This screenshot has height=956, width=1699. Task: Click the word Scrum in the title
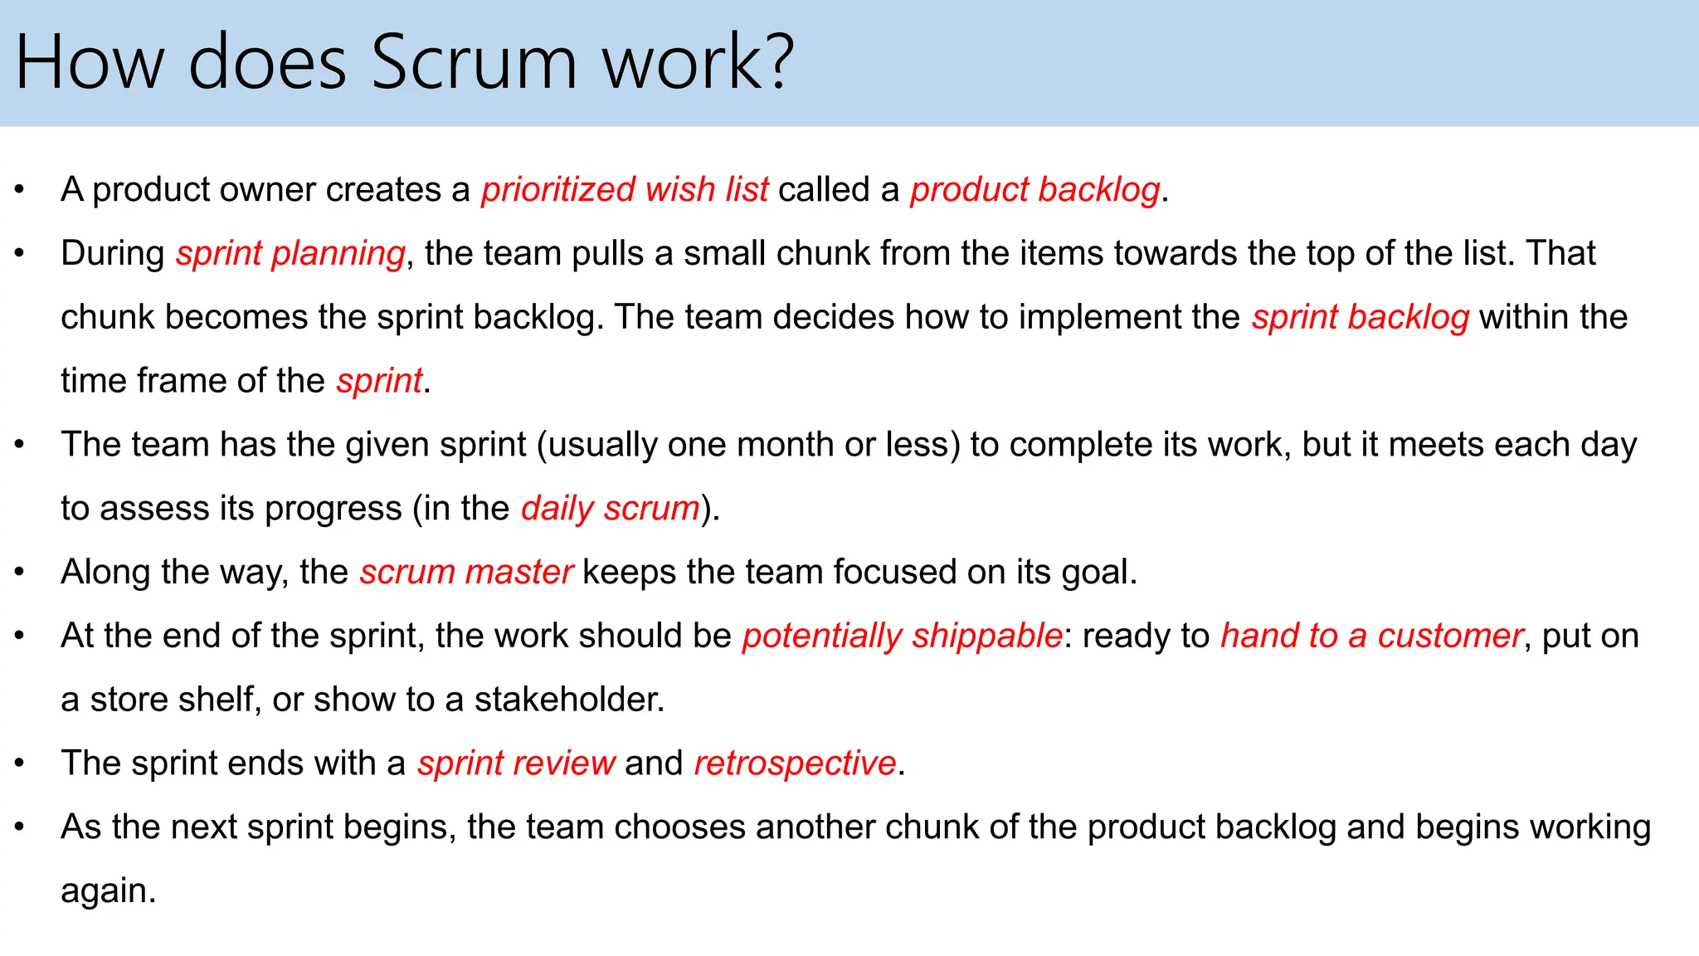pyautogui.click(x=473, y=63)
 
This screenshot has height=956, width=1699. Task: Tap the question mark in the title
pyautogui.click(x=780, y=63)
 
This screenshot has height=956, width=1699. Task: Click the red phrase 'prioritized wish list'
pyautogui.click(x=625, y=189)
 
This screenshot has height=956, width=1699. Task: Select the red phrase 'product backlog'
pyautogui.click(x=1034, y=189)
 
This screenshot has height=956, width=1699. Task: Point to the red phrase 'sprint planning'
pyautogui.click(x=290, y=253)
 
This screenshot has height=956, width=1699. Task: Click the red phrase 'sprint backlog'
pyautogui.click(x=1361, y=317)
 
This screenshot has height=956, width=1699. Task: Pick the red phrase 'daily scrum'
pyautogui.click(x=611, y=508)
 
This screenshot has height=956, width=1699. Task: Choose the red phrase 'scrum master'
pyautogui.click(x=466, y=572)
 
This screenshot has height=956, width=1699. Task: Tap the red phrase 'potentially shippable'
pyautogui.click(x=902, y=636)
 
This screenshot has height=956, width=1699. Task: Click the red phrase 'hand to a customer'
pyautogui.click(x=1372, y=636)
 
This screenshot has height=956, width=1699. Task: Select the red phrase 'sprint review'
pyautogui.click(x=516, y=763)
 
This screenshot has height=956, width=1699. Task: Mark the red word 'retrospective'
pyautogui.click(x=795, y=763)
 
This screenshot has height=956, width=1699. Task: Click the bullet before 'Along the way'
pyautogui.click(x=20, y=572)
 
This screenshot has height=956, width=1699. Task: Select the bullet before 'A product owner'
pyautogui.click(x=20, y=190)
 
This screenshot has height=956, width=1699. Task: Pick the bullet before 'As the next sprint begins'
pyautogui.click(x=20, y=827)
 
